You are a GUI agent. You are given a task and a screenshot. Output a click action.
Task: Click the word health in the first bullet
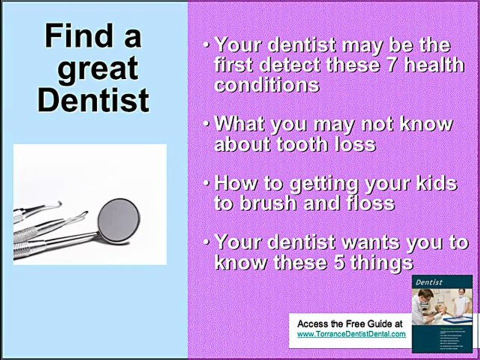433,65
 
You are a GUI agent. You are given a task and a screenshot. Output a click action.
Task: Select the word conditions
266,84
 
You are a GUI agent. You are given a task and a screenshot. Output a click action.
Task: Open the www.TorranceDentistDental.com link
351,334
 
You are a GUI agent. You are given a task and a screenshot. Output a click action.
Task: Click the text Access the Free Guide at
350,324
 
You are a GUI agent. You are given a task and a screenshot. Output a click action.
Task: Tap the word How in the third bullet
233,183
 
